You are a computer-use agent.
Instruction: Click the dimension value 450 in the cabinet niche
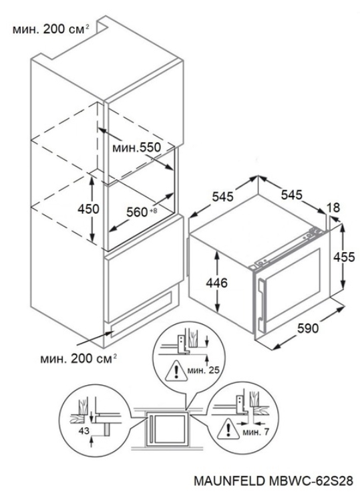coord(88,209)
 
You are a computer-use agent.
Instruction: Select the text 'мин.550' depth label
coord(136,148)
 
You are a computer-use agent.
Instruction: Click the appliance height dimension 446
coord(216,283)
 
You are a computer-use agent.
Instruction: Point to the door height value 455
coord(344,257)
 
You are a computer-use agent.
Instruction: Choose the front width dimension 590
coord(308,328)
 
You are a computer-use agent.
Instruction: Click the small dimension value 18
coord(334,208)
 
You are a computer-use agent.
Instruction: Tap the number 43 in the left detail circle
coord(83,430)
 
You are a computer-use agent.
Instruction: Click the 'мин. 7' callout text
coord(256,432)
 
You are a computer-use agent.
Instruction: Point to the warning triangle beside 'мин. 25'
coord(176,370)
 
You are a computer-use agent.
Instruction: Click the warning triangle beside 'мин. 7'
coord(228,429)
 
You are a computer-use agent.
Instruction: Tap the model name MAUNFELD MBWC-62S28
coord(273,481)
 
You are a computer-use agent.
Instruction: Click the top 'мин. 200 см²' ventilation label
coord(50,29)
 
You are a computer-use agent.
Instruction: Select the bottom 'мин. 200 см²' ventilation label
coord(78,358)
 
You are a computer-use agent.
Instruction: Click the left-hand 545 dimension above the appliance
coord(223,196)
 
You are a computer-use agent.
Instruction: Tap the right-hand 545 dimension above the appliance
coord(292,195)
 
